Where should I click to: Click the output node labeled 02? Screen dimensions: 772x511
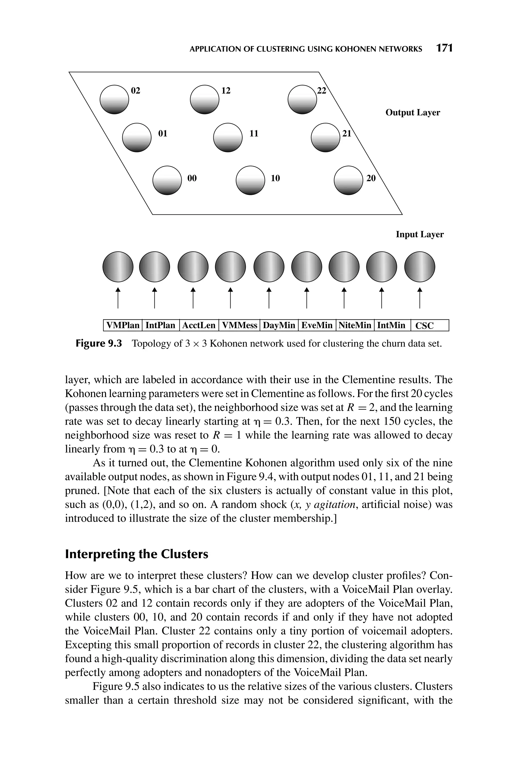[114, 99]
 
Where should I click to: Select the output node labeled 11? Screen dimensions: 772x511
[228, 137]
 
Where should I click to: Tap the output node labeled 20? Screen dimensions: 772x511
[348, 180]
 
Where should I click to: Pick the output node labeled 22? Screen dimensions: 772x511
[302, 99]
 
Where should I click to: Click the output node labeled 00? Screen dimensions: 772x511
[167, 180]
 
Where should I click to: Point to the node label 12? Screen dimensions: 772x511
[226, 91]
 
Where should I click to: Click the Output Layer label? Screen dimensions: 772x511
[413, 112]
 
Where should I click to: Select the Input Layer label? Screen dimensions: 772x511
[419, 234]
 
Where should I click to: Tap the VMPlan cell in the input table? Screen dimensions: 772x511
[123, 325]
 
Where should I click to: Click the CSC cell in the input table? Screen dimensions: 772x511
[424, 326]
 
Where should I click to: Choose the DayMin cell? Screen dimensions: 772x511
[279, 325]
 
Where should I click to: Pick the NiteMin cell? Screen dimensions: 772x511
[355, 325]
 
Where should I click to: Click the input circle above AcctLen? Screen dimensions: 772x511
[193, 267]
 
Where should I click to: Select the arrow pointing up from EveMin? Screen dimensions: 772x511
[306, 298]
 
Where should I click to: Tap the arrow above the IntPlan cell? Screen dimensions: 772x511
[154, 298]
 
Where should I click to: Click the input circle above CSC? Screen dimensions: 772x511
[419, 267]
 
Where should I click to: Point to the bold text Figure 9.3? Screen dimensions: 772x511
[98, 344]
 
